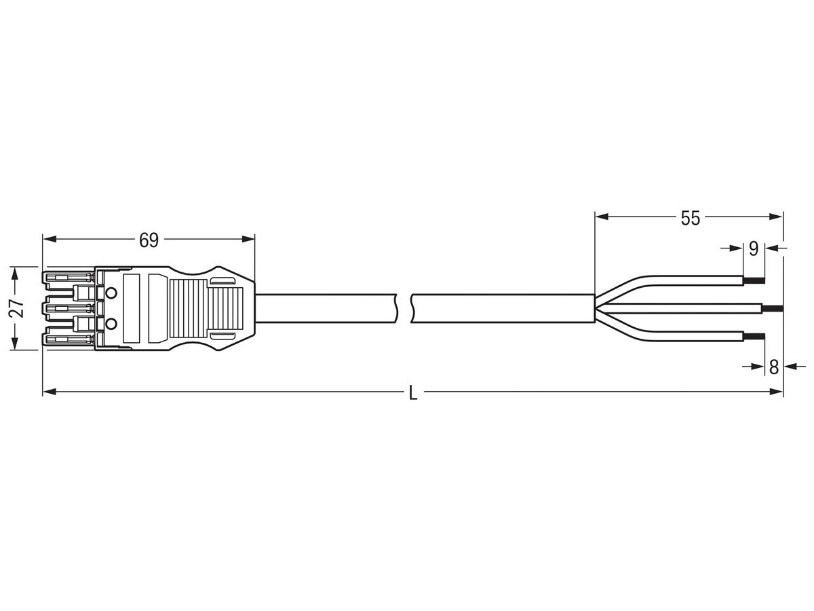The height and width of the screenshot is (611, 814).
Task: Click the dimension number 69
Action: pos(149,240)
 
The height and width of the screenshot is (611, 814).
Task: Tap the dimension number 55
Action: pos(690,218)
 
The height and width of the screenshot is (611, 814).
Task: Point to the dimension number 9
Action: pos(753,249)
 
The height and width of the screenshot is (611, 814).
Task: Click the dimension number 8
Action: pos(773,367)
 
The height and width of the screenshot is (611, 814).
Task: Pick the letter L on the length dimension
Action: pos(413,393)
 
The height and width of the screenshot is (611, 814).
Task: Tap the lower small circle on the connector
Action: pos(112,324)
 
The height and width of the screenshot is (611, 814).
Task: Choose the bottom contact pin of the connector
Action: pos(68,338)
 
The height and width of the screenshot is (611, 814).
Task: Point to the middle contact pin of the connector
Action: pos(68,308)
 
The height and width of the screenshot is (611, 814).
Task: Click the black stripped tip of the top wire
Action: pos(754,280)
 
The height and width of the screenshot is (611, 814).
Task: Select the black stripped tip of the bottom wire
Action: pos(754,335)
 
